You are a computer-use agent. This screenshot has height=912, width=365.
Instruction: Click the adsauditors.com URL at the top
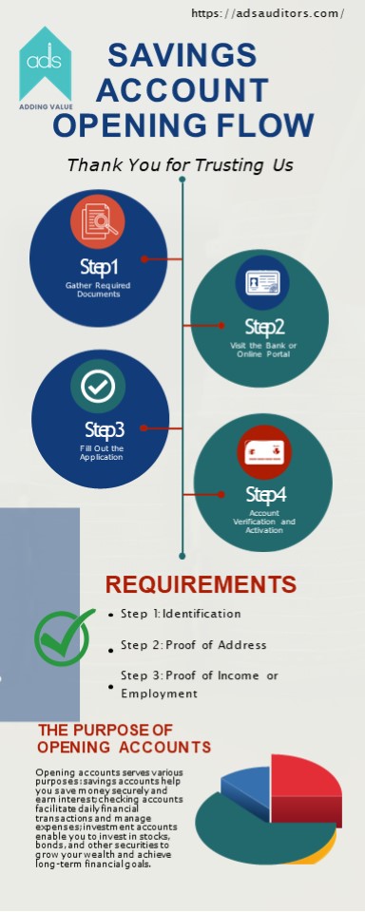pyautogui.click(x=267, y=13)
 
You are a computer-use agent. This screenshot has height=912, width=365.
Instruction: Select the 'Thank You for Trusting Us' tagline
pyautogui.click(x=180, y=165)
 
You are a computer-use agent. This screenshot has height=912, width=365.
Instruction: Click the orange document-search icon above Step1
pyautogui.click(x=97, y=220)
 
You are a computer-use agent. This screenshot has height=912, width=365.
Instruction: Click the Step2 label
pyautogui.click(x=263, y=327)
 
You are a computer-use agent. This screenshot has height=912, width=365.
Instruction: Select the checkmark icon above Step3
pyautogui.click(x=98, y=385)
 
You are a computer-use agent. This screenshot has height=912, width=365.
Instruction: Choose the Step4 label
pyautogui.click(x=265, y=494)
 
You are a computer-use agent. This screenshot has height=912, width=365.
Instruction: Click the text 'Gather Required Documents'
pyautogui.click(x=98, y=290)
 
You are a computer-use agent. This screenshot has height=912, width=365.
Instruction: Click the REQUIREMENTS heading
pyautogui.click(x=201, y=584)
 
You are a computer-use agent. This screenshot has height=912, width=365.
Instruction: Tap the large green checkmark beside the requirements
pyautogui.click(x=65, y=636)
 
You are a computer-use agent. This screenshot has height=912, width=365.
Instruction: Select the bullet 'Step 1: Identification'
pyautogui.click(x=181, y=614)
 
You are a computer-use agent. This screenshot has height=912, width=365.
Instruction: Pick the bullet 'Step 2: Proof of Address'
pyautogui.click(x=194, y=645)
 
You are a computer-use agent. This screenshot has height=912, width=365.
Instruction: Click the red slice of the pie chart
pyautogui.click(x=304, y=779)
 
